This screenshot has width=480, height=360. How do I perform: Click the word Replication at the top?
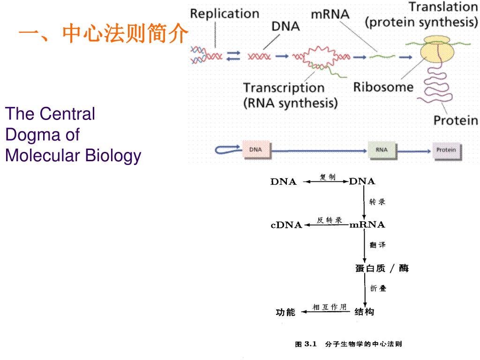225,14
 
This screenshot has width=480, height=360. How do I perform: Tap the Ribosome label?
383,87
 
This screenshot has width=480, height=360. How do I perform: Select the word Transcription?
284,88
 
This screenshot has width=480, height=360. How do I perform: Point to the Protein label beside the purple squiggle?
455,120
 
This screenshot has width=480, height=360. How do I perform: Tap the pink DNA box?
255,150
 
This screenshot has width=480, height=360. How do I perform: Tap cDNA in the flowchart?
286,225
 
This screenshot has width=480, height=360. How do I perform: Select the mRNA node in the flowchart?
367,225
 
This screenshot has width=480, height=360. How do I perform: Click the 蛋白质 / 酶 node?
382,269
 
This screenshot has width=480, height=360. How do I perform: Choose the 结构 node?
364,312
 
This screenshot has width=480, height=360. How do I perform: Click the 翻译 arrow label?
377,245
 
